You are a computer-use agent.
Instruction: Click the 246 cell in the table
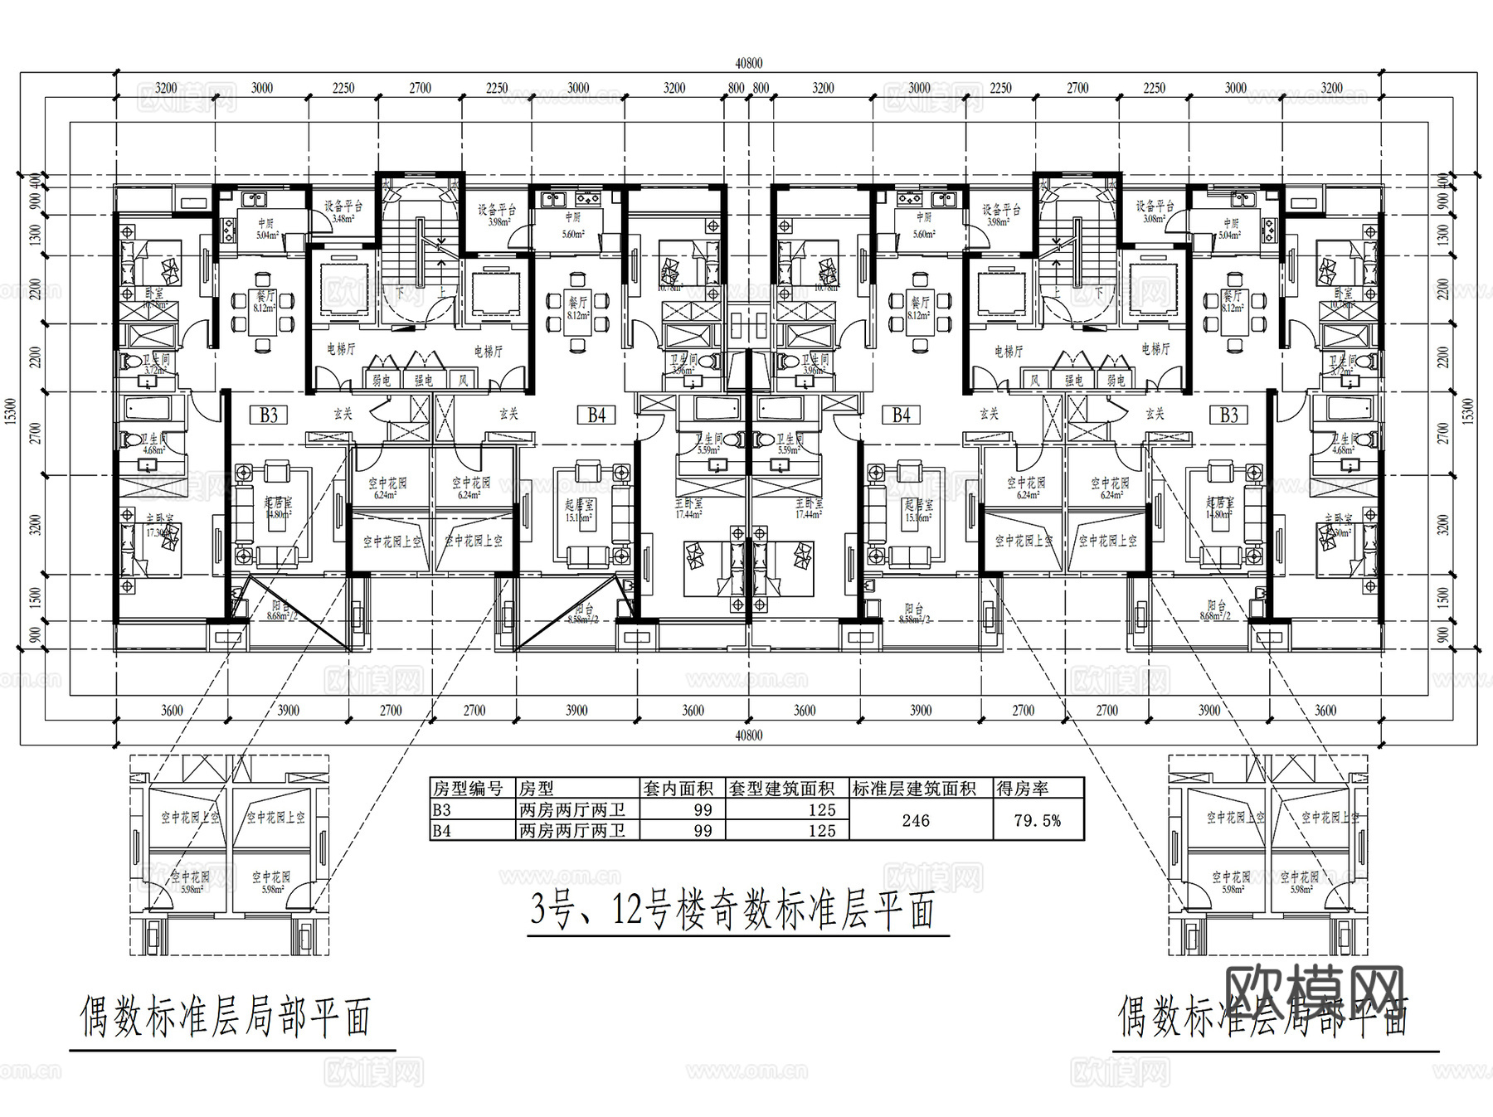pos(915,820)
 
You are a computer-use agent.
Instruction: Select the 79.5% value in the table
pos(1037,820)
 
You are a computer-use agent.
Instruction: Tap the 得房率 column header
pos(1021,788)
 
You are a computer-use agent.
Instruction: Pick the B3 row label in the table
pos(442,809)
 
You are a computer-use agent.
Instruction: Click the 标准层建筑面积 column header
pos(914,788)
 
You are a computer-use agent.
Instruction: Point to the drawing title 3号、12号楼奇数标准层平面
pos(733,911)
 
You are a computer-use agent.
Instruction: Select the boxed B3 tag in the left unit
pos(268,415)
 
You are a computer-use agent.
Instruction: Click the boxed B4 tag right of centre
pos(902,415)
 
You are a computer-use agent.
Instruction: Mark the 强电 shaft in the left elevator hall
pos(424,380)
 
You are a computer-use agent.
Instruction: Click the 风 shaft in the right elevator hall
pos(1034,380)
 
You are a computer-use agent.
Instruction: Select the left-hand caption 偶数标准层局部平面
pos(225,1017)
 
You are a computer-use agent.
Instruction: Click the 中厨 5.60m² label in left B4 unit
pos(572,224)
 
